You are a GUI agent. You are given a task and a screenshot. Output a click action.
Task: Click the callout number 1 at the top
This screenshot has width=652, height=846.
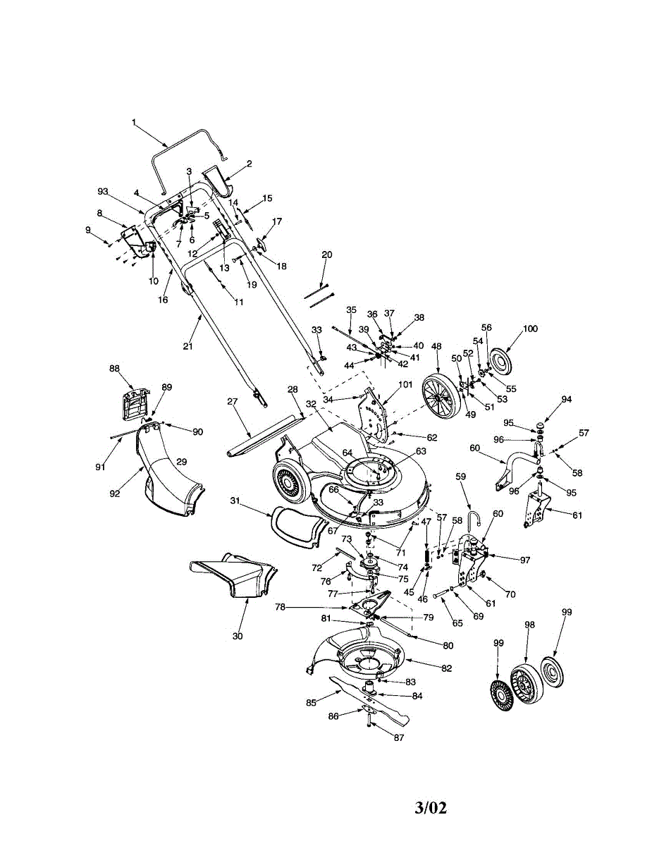133,122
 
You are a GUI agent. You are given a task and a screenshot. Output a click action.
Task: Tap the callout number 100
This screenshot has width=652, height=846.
529,329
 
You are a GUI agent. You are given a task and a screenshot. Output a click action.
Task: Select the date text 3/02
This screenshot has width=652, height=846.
431,807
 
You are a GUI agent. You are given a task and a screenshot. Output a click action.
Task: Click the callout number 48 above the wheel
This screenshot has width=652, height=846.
437,346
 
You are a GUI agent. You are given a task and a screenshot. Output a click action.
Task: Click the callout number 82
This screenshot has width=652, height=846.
446,667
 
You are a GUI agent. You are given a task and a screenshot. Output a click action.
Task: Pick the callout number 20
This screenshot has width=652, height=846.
326,255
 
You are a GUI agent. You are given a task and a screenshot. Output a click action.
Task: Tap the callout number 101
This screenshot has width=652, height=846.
405,385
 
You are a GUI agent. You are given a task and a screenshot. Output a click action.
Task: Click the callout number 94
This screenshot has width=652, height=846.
566,399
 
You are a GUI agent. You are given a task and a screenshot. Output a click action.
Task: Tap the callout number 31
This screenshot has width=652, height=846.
236,501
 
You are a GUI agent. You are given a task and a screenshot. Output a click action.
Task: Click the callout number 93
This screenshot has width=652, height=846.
103,192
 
